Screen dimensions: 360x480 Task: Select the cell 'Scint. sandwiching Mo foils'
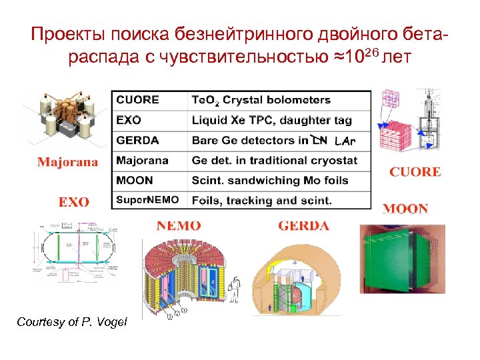tap(279, 180)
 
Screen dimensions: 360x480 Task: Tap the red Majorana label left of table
tap(67, 161)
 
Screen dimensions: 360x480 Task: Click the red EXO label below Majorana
tap(74, 201)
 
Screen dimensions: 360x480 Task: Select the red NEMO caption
tap(179, 225)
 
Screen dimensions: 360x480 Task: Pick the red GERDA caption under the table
tap(303, 225)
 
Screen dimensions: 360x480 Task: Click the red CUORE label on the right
tap(415, 172)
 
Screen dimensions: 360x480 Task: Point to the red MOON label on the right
tap(405, 208)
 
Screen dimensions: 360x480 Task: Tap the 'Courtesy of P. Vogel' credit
tap(71, 323)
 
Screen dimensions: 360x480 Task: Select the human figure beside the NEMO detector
tap(234, 290)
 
